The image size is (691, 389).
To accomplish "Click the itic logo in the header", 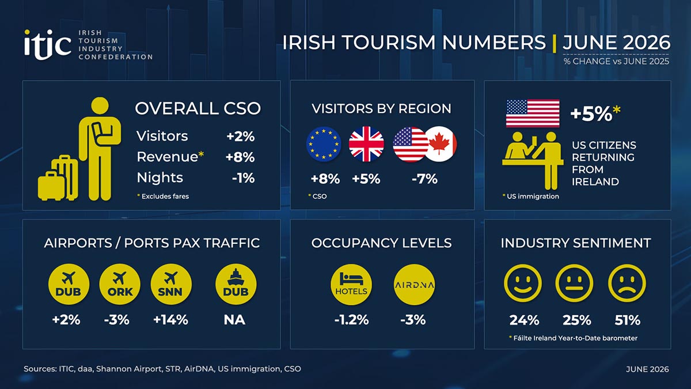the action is (48, 45).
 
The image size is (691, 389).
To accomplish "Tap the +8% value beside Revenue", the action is (240, 157).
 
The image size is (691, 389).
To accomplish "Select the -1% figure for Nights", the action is (244, 178).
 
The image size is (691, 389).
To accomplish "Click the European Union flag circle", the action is (324, 144).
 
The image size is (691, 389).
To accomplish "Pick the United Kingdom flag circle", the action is (366, 144).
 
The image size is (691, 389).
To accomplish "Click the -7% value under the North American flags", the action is (424, 179).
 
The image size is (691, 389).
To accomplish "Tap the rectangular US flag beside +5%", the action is (533, 114).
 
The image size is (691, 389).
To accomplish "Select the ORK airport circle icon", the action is (120, 284).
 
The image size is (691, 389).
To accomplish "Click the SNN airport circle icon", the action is (171, 284).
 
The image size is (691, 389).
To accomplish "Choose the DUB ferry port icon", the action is (236, 284).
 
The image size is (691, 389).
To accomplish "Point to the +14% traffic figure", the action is (170, 320).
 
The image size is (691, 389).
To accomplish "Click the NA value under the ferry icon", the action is (234, 320).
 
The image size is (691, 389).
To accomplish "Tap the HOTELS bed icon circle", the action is (351, 284).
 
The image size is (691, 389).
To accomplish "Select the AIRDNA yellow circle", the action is (414, 284).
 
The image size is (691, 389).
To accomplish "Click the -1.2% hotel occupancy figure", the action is (351, 320).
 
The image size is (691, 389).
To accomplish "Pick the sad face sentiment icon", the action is (627, 283).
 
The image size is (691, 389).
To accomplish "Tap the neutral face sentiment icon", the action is (574, 283).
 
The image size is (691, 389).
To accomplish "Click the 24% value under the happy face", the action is (524, 320).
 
